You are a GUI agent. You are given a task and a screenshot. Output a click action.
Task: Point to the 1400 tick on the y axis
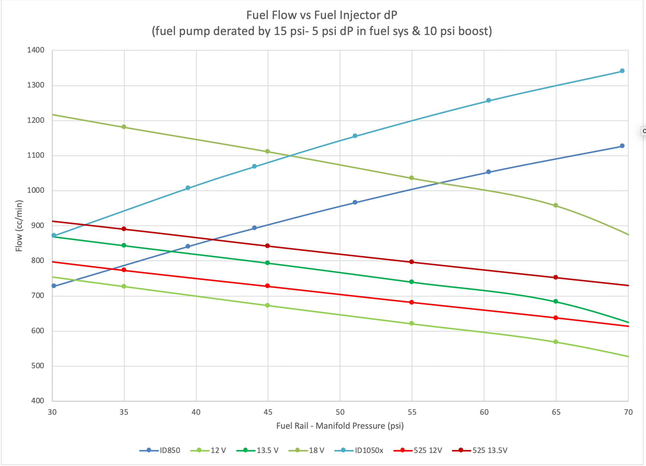tap(36, 50)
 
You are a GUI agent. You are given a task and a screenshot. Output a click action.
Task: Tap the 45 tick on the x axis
tap(268, 412)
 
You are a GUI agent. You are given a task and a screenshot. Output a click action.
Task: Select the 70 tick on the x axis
tap(628, 412)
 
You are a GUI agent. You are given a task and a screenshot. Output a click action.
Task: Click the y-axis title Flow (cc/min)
tap(19, 226)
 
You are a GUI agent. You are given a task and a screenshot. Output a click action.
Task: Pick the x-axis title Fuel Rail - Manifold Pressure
tap(340, 426)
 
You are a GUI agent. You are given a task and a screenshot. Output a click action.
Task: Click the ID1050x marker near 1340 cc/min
tap(622, 71)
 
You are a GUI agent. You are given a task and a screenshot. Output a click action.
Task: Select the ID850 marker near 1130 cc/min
tap(622, 146)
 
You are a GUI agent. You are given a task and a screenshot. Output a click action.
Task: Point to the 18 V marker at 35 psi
tap(124, 127)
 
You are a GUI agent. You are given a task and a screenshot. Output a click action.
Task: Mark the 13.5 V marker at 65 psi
tap(556, 301)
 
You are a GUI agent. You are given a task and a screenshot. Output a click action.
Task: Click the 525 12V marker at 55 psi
tap(412, 302)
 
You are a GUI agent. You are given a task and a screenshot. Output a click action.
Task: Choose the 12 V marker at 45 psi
tap(267, 305)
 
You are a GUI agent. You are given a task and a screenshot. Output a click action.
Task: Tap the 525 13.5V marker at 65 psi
tap(556, 277)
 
